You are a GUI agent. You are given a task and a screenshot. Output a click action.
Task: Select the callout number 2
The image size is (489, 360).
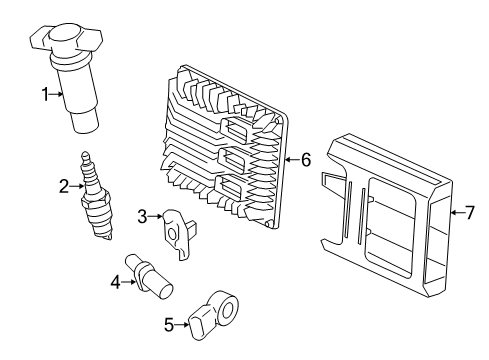pyautogui.click(x=63, y=185)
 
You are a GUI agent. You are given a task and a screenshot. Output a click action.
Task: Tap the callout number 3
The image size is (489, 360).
pyautogui.click(x=143, y=215)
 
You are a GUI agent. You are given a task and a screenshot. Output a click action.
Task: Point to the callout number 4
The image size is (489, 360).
pyautogui.click(x=115, y=281)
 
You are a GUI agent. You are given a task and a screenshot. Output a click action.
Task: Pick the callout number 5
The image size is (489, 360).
pyautogui.click(x=169, y=323)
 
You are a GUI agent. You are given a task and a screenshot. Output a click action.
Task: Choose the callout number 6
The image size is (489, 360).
pyautogui.click(x=306, y=159)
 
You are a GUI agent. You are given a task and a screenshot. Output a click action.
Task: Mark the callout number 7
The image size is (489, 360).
pyautogui.click(x=470, y=211)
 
